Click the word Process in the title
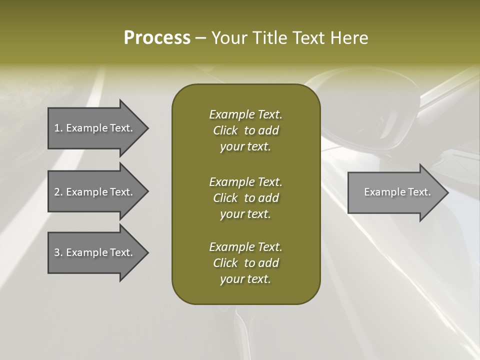pos(157,38)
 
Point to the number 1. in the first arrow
pos(58,128)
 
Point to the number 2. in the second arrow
pos(58,192)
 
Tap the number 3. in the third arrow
pos(58,252)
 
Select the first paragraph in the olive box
pos(245,130)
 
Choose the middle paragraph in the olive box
pos(245,197)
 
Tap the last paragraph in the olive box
pos(245,263)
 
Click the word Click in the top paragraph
pos(225,130)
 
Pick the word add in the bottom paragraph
pos(269,263)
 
